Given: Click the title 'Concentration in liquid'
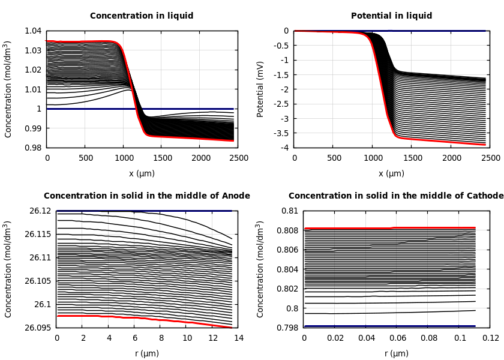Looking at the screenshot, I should click(x=142, y=16).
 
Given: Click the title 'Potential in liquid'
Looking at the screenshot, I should click(x=391, y=16).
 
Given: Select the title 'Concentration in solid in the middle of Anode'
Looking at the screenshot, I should click(x=147, y=196).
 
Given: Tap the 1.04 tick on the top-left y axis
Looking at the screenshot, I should click(x=34, y=31).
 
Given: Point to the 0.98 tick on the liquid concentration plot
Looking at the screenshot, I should click(x=34, y=148).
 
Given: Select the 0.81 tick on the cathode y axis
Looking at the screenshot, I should click(x=290, y=211).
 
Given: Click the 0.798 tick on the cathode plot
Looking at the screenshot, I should click(x=288, y=328).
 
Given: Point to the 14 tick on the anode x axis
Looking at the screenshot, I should click(x=238, y=338).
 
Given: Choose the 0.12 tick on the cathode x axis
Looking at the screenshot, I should click(x=490, y=338).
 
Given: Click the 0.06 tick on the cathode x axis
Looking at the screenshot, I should click(x=397, y=338).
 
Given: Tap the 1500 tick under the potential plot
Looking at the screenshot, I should click(x=412, y=158).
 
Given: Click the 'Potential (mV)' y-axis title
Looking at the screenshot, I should click(x=260, y=89).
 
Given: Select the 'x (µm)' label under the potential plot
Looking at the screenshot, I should click(x=391, y=173).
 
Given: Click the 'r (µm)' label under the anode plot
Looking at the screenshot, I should click(x=147, y=353).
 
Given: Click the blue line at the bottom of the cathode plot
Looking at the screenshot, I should click(x=390, y=326).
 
